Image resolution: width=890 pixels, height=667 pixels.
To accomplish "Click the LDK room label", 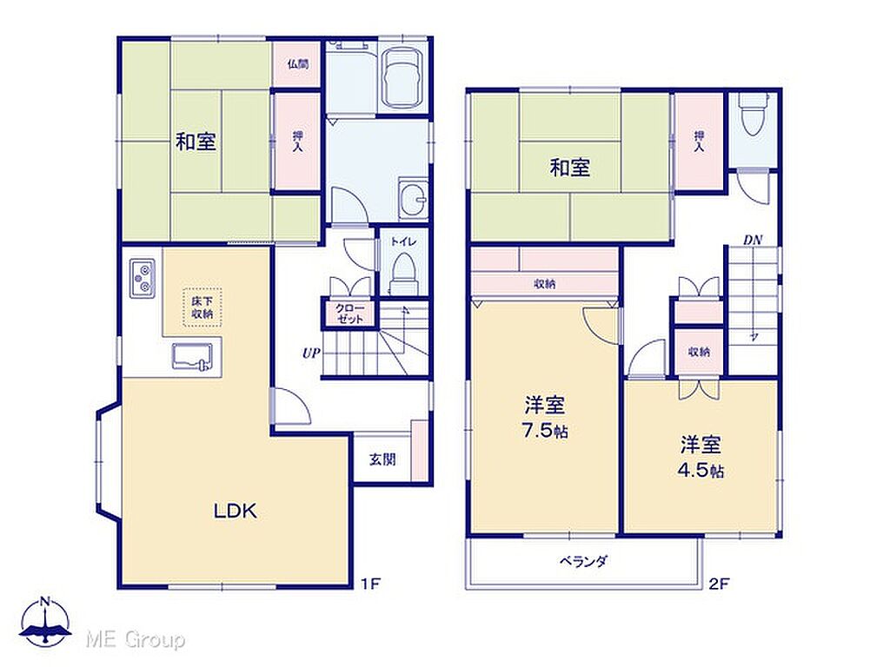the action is pos(235,511).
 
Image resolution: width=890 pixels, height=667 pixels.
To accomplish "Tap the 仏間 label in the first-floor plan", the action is pos(298,63).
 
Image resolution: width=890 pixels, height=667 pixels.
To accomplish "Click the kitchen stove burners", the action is pos(142,278).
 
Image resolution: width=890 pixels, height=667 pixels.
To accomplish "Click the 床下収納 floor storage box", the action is pos(202,307).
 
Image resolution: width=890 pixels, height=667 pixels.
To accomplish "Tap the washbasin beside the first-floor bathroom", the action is pos(414,199).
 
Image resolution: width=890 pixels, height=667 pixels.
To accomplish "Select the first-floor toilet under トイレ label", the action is pos(403,271).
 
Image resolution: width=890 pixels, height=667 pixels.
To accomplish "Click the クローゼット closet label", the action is pos(349,314).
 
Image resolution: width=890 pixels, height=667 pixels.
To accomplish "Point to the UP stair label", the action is pos(311,353).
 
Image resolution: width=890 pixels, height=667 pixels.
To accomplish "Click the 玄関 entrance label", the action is pos(382,459).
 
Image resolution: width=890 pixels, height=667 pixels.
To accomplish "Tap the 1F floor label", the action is pos(370,584).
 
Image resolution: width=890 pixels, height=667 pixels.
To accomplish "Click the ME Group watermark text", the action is pos(135,640).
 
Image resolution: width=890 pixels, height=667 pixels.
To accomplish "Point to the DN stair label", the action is pos(753,240).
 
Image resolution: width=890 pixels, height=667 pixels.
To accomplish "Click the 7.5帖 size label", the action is pos(545,431).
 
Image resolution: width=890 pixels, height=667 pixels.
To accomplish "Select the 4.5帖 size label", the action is pos(701,470).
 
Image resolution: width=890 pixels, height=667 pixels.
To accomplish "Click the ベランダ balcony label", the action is pos(583,562).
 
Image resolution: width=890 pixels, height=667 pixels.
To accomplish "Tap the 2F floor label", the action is pos(719,584).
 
